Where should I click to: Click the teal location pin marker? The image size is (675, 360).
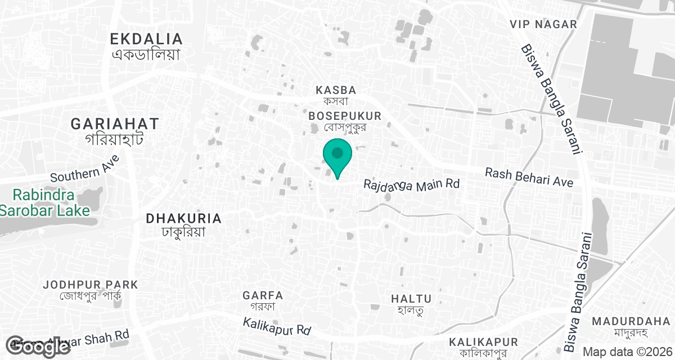pyautogui.click(x=337, y=156)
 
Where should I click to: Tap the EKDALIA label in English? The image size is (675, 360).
pyautogui.click(x=146, y=39)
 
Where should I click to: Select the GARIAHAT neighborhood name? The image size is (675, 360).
pyautogui.click(x=115, y=124)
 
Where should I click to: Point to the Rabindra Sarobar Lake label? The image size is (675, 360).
pyautogui.click(x=44, y=203)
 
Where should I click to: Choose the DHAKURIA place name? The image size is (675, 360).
pyautogui.click(x=183, y=218)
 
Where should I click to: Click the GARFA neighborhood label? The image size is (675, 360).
pyautogui.click(x=263, y=295)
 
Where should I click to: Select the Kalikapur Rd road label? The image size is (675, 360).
pyautogui.click(x=277, y=326)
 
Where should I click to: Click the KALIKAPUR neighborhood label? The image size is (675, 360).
pyautogui.click(x=483, y=342)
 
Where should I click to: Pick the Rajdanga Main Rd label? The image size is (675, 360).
pyautogui.click(x=412, y=184)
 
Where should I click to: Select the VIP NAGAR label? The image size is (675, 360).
pyautogui.click(x=543, y=24)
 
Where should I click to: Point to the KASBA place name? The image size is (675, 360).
pyautogui.click(x=336, y=90)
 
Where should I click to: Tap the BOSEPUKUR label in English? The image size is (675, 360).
pyautogui.click(x=345, y=116)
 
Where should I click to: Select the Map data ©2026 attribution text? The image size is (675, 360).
pyautogui.click(x=627, y=352)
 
